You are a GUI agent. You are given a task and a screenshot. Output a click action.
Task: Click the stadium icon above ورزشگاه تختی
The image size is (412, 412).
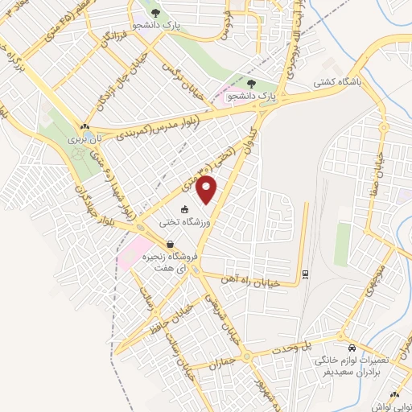pyautogui.click(x=185, y=209)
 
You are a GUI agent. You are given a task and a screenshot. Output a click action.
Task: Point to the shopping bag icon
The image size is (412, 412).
pyautogui.click(x=170, y=244)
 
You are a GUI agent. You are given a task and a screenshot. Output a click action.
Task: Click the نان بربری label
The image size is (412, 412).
pyautogui.click(x=78, y=140)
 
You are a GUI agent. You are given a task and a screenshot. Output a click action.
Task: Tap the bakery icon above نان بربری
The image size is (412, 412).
pyautogui.click(x=84, y=126)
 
